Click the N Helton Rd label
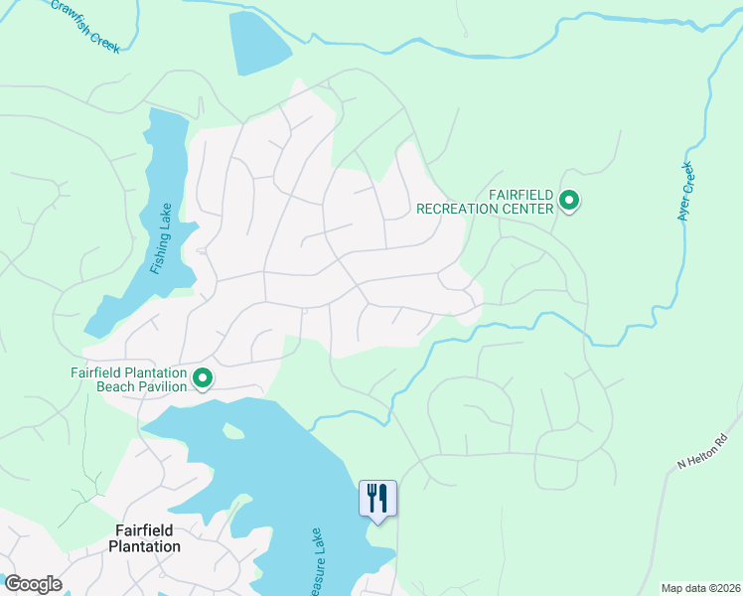(702, 449)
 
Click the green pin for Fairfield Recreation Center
(569, 202)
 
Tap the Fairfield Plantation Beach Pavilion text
(129, 379)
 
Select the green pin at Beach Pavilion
(203, 378)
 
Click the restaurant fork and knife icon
(377, 497)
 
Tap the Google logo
(33, 584)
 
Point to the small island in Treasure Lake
(233, 431)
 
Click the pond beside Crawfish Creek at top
(257, 42)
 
